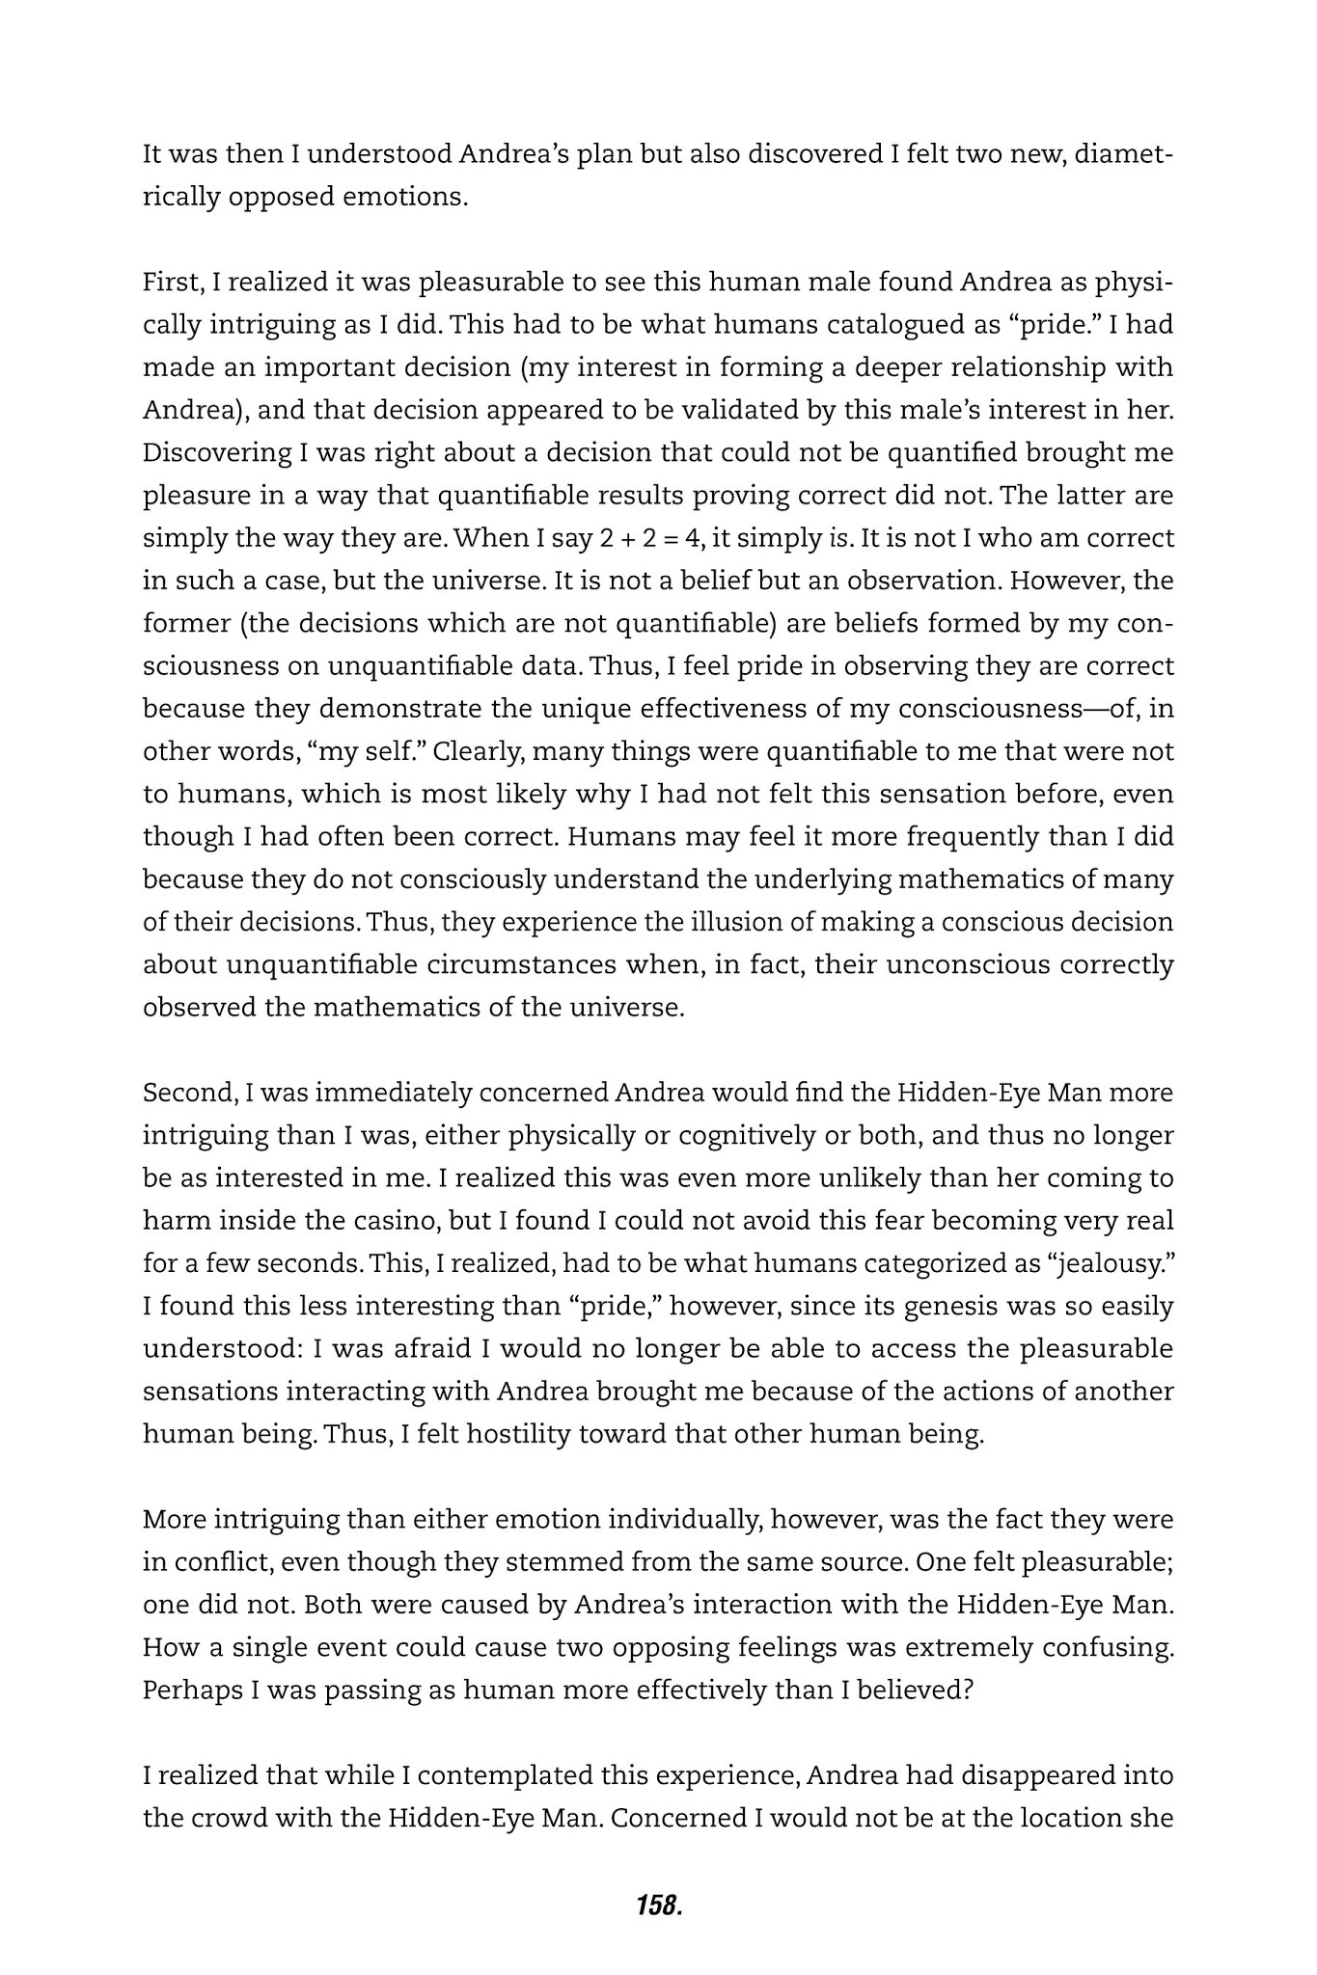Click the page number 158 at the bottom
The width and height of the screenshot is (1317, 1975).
pos(659,1905)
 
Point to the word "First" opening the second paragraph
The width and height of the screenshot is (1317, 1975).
pos(171,283)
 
